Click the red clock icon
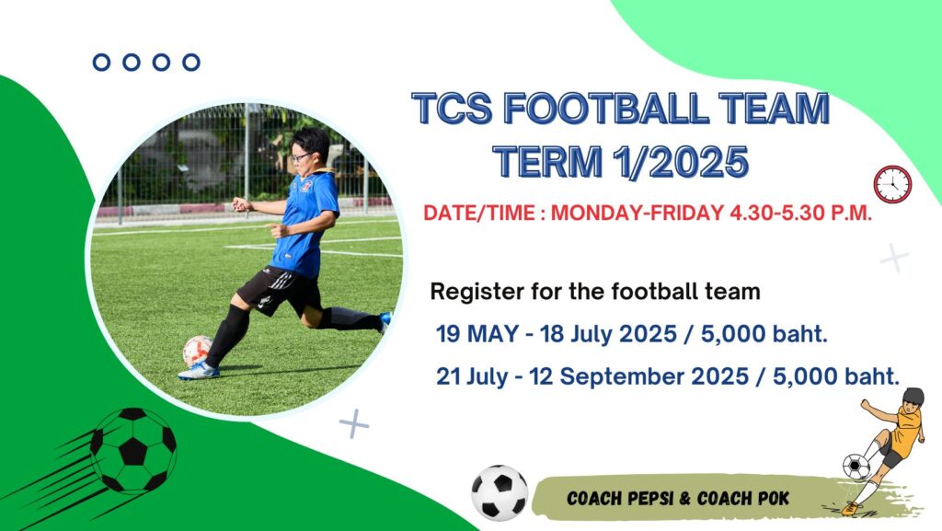[892, 184]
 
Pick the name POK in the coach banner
[774, 499]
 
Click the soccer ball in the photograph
[198, 352]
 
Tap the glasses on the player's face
[302, 156]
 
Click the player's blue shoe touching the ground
[199, 371]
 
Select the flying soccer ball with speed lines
[132, 450]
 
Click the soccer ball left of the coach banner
[500, 492]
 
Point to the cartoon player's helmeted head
[913, 398]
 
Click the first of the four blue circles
[101, 62]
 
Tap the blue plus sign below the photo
[354, 424]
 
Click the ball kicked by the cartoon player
[856, 467]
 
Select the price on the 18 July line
[764, 333]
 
